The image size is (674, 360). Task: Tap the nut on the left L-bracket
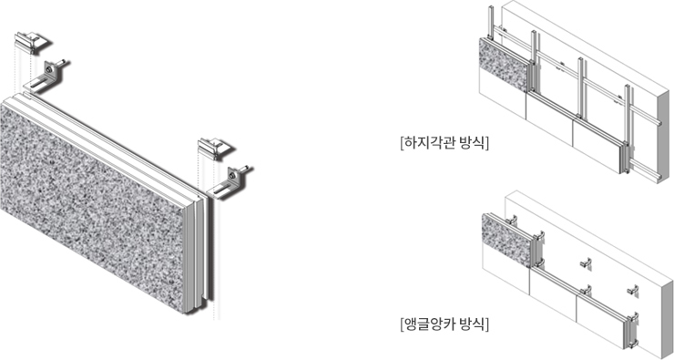click(x=50, y=69)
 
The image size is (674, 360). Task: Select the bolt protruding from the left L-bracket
click(x=61, y=63)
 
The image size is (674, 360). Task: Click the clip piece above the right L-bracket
click(x=214, y=148)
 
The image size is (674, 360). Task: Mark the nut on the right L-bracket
click(x=232, y=176)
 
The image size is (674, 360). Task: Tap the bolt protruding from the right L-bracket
click(x=244, y=170)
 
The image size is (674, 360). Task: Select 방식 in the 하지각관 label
click(x=472, y=143)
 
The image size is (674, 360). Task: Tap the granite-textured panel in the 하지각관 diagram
click(x=504, y=64)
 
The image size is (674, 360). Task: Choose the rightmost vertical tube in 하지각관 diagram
click(x=628, y=129)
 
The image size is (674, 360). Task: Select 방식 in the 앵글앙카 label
click(x=472, y=324)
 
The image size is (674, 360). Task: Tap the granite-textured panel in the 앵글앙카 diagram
click(x=506, y=239)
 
